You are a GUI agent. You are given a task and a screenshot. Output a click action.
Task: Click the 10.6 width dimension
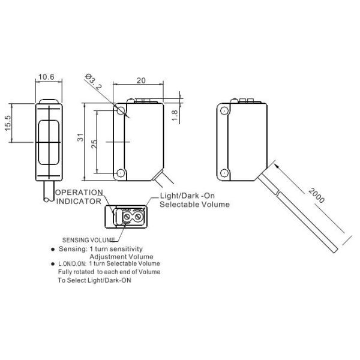tap(46, 77)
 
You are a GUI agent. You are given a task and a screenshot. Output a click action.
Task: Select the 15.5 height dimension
tap(8, 123)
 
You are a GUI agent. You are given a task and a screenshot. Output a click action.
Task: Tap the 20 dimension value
tap(141, 80)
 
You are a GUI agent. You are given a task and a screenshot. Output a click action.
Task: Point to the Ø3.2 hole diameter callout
tap(94, 81)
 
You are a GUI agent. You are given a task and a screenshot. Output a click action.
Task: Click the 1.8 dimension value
tap(175, 115)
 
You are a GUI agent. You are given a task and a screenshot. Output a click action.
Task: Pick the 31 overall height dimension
tap(80, 137)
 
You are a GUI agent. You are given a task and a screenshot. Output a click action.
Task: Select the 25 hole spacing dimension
tap(94, 144)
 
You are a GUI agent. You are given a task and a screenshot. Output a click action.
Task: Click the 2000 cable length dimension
tap(317, 196)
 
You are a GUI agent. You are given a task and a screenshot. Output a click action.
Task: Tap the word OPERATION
tap(79, 193)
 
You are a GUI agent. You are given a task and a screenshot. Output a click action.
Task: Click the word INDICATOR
tap(79, 202)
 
